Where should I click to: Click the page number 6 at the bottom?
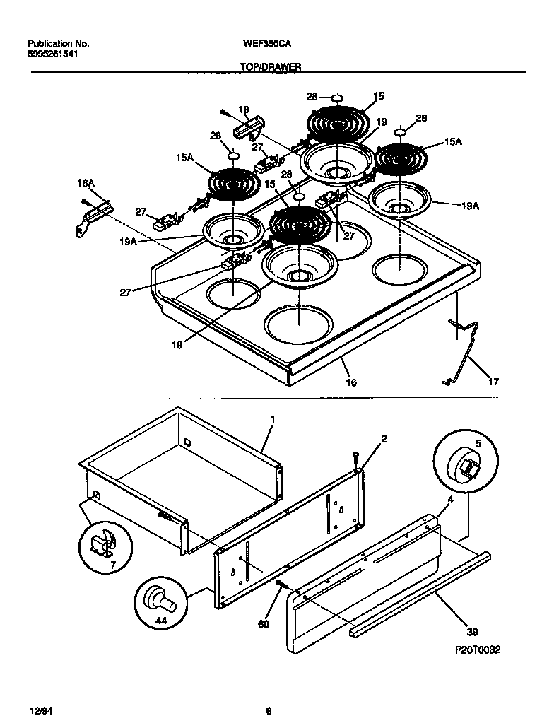[269, 710]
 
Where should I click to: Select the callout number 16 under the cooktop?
[350, 382]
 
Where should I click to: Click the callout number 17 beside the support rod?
[493, 382]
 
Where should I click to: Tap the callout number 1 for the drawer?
[273, 420]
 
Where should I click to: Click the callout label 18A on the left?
[86, 183]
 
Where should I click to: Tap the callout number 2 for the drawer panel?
[383, 439]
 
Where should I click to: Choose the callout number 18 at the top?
[244, 110]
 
